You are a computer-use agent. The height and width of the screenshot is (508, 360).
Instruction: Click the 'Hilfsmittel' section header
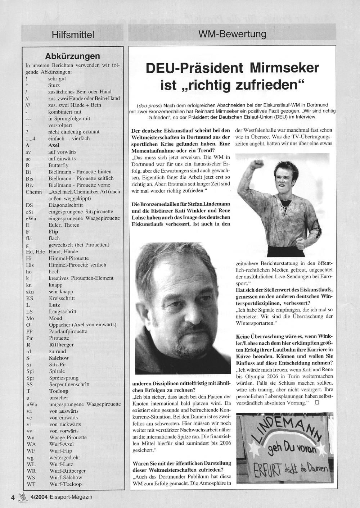pyautogui.click(x=73, y=35)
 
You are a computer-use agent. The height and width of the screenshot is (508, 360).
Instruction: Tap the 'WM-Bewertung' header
pyautogui.click(x=232, y=34)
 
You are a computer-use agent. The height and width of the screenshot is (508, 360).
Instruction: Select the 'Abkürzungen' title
pyautogui.click(x=72, y=56)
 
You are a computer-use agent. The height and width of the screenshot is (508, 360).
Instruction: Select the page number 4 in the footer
pyautogui.click(x=13, y=497)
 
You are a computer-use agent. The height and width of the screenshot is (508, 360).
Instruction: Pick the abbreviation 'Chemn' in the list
pyautogui.click(x=33, y=192)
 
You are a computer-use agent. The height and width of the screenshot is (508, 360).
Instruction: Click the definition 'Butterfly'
pyautogui.click(x=58, y=165)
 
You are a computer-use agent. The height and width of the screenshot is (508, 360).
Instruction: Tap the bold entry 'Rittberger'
pyautogui.click(x=61, y=344)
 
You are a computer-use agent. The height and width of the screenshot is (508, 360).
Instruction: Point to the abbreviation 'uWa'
pyautogui.click(x=32, y=404)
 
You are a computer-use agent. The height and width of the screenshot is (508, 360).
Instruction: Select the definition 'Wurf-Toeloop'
pyautogui.click(x=66, y=484)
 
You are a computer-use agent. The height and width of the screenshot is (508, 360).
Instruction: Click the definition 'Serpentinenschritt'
pyautogui.click(x=69, y=384)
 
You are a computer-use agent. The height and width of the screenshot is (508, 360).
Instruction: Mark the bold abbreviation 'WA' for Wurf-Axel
pyautogui.click(x=31, y=444)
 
